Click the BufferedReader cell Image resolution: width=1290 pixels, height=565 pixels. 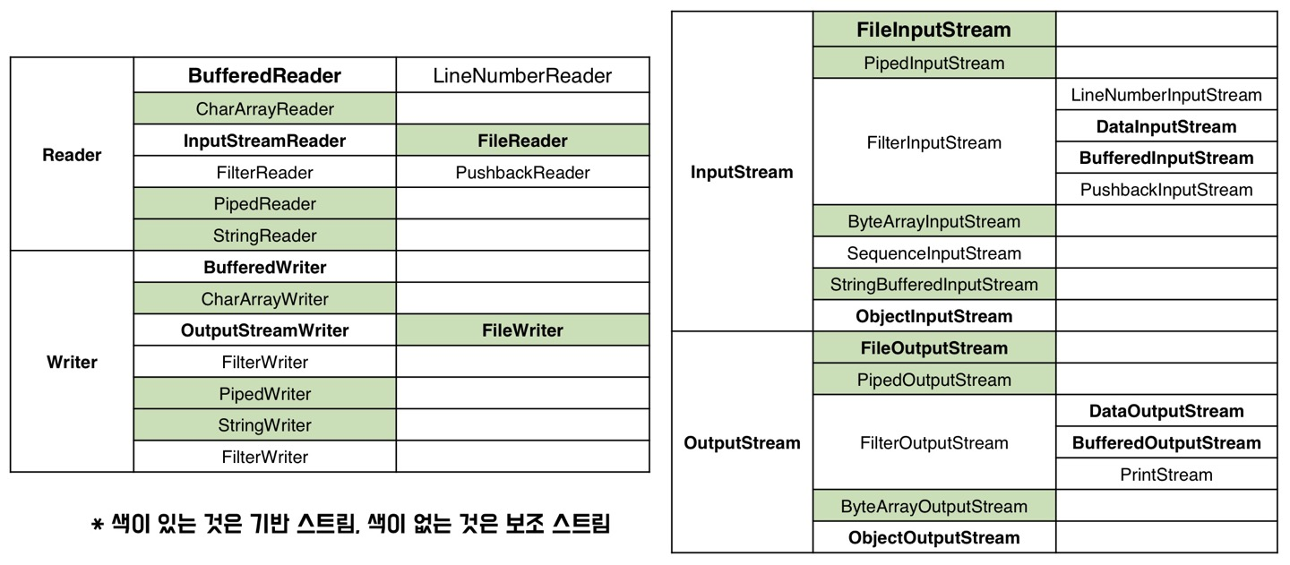pyautogui.click(x=264, y=76)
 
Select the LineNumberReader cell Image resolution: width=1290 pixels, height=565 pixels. pyautogui.click(x=522, y=76)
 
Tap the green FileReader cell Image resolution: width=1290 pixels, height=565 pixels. pyautogui.click(x=522, y=141)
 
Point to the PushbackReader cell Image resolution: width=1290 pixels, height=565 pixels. pyautogui.click(x=522, y=173)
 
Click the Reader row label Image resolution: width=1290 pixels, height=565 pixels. pyautogui.click(x=72, y=155)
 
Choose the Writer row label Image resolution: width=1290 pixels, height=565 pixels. pyautogui.click(x=72, y=363)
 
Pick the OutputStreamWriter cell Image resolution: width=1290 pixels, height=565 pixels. pyautogui.click(x=264, y=330)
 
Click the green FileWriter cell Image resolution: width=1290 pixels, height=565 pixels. pyautogui.click(x=522, y=330)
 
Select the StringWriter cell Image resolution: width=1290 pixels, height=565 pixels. pyautogui.click(x=264, y=425)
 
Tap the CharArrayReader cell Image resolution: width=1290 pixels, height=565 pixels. pyautogui.click(x=264, y=109)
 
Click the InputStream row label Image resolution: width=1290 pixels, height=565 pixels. pyautogui.click(x=742, y=173)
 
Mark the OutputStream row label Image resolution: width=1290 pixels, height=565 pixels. pyautogui.click(x=742, y=443)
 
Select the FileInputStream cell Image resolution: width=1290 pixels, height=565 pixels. pyautogui.click(x=933, y=30)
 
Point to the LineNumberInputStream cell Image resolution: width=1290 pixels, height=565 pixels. pyautogui.click(x=1165, y=95)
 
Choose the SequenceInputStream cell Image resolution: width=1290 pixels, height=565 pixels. pyautogui.click(x=933, y=253)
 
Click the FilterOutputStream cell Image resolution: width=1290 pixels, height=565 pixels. pyautogui.click(x=933, y=443)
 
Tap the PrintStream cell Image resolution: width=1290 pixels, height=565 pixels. pyautogui.click(x=1165, y=475)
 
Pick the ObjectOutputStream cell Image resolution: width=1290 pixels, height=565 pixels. pyautogui.click(x=933, y=538)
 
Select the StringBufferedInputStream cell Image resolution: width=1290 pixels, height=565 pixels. pyautogui.click(x=933, y=285)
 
